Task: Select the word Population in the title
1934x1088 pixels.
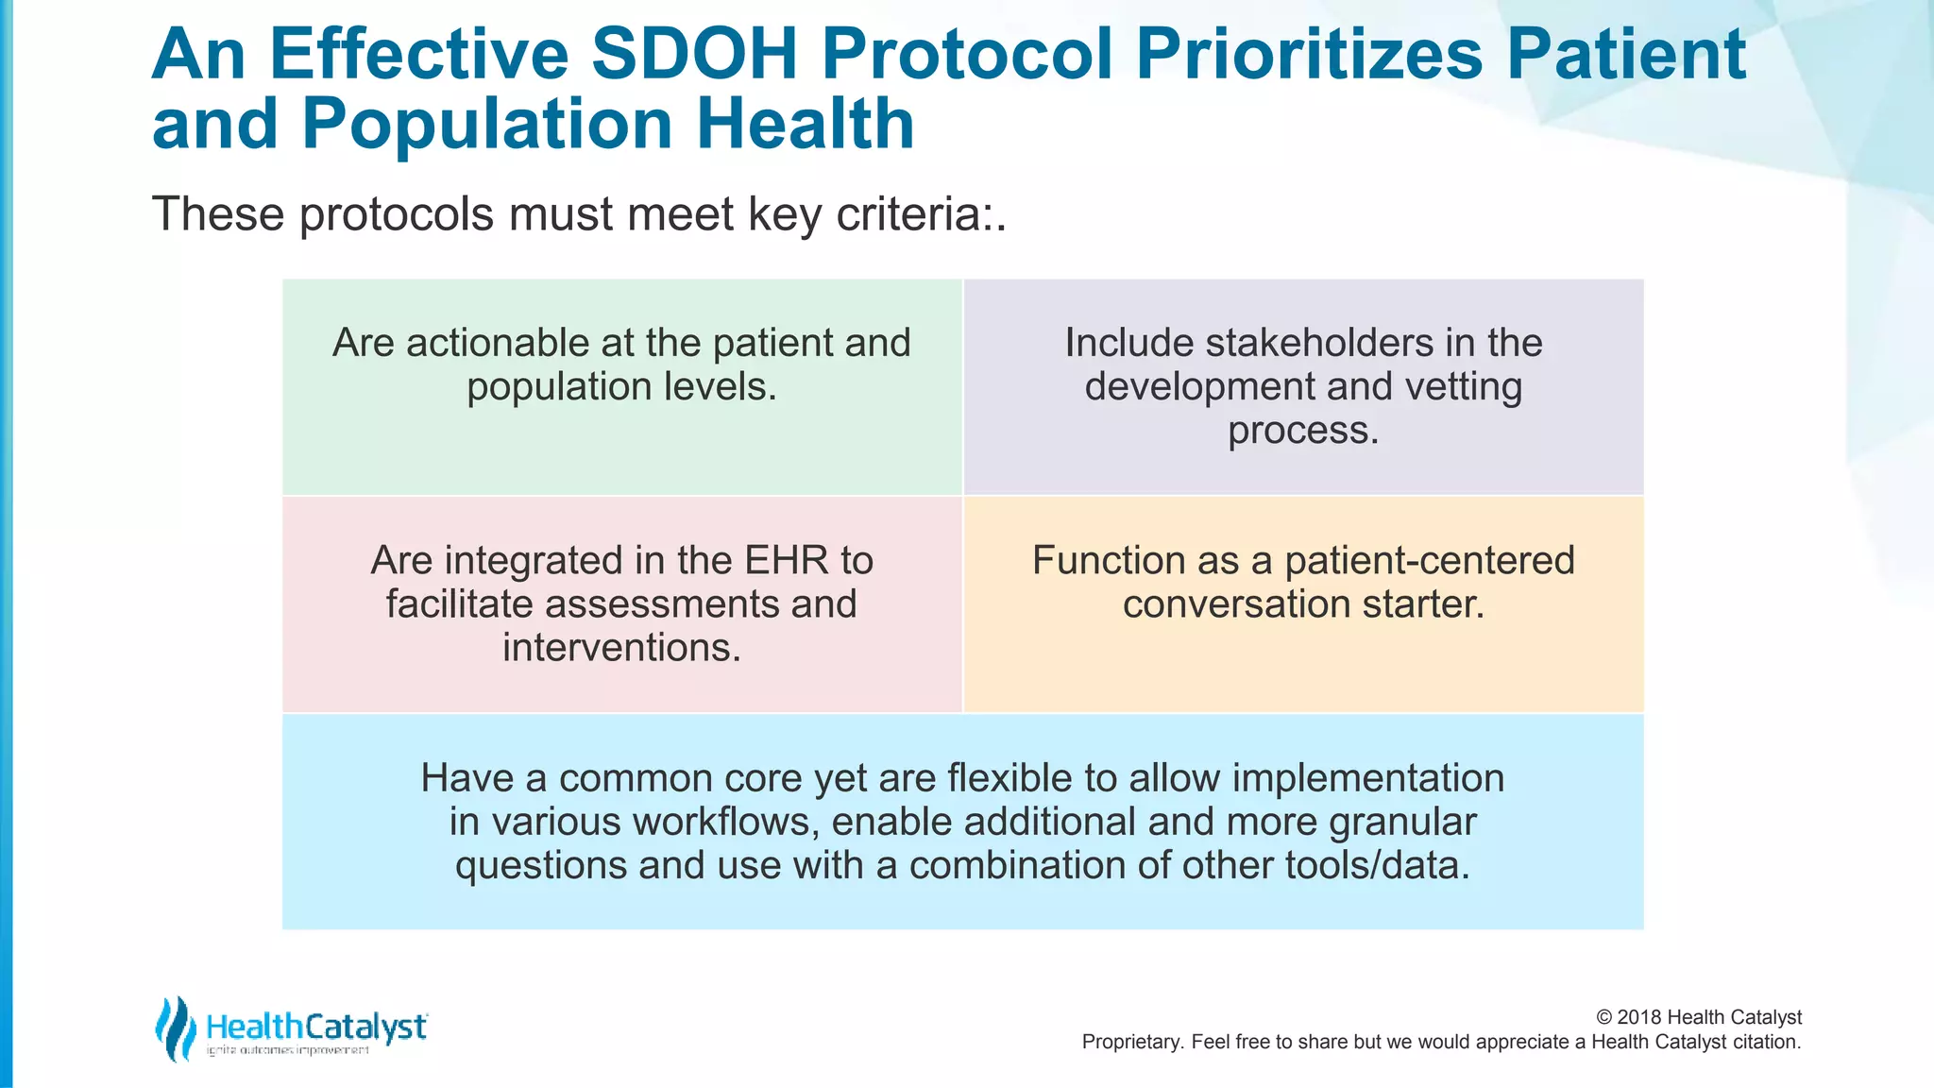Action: point(486,125)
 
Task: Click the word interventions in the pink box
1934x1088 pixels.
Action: point(621,648)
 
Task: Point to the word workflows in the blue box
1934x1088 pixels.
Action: point(722,822)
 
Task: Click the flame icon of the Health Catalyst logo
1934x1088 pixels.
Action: point(175,1028)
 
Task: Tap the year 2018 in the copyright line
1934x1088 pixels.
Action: point(1639,1017)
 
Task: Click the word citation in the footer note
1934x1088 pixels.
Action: point(1764,1043)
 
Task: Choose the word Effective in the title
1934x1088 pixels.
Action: point(418,54)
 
